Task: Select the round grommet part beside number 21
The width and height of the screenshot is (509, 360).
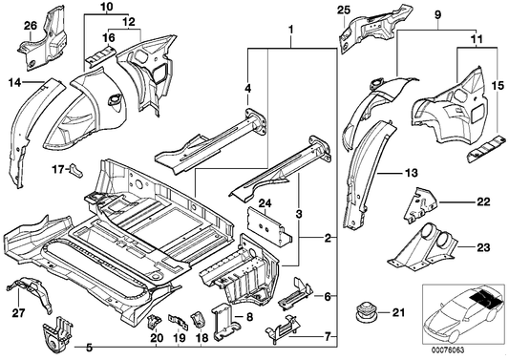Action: pyautogui.click(x=364, y=310)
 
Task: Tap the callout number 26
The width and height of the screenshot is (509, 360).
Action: pyautogui.click(x=30, y=24)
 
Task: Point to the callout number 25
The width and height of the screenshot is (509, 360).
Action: pyautogui.click(x=345, y=11)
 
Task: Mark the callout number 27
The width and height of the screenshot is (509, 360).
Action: pyautogui.click(x=19, y=311)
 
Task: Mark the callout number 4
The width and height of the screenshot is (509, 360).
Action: pyautogui.click(x=248, y=93)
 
